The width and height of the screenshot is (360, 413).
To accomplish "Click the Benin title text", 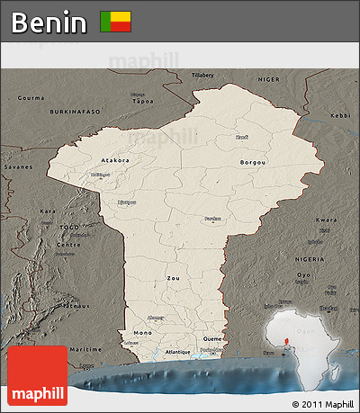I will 49,22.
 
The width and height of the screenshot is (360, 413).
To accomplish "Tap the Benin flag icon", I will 115,22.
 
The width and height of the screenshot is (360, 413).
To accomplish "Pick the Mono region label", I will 142,332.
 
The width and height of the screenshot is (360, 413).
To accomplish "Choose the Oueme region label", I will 211,339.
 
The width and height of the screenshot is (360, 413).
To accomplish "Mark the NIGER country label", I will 270,79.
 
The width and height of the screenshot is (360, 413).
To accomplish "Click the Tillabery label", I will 202,75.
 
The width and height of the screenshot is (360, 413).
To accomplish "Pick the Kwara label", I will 326,220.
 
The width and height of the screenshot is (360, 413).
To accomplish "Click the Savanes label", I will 18,166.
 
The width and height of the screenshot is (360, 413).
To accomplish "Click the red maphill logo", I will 37,375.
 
